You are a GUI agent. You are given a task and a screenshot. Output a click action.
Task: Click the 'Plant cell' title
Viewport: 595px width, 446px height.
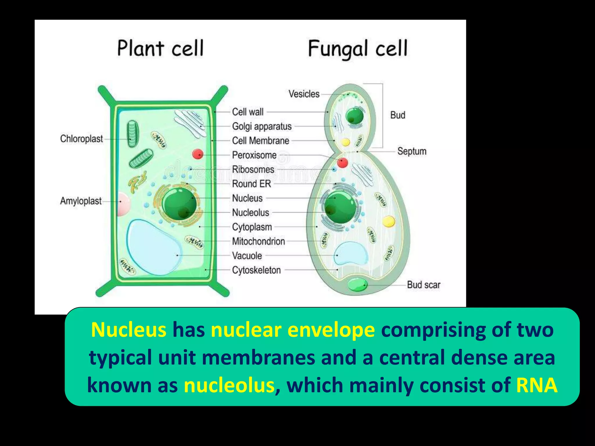160,48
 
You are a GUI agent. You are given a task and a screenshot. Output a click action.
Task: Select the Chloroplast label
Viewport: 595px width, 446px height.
82,139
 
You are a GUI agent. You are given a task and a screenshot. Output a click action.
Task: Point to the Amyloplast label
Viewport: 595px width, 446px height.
81,201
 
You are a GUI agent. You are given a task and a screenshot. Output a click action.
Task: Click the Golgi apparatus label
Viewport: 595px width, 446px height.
262,126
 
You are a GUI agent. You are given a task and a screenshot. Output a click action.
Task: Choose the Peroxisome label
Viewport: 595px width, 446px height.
254,155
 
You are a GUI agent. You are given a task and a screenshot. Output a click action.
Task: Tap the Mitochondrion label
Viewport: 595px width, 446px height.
258,241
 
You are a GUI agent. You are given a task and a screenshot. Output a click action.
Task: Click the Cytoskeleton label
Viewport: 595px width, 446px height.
256,270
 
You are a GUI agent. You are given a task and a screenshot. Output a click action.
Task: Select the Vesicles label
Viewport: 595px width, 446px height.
304,94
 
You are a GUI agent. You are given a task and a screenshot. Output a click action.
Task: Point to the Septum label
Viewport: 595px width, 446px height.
412,151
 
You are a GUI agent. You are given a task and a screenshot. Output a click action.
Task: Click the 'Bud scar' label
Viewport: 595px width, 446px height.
423,285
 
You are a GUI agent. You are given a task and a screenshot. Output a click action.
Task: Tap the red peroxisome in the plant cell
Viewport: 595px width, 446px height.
198,154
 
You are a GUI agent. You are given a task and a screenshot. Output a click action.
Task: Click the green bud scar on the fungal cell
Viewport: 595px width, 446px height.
357,285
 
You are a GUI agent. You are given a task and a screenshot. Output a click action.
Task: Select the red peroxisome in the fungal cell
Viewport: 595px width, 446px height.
342,163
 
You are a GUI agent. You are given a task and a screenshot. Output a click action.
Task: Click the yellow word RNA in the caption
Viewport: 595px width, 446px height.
536,385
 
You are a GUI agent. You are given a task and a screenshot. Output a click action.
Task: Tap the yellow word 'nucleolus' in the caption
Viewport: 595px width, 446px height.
229,385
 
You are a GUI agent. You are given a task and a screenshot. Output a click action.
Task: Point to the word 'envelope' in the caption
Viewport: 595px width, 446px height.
331,330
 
